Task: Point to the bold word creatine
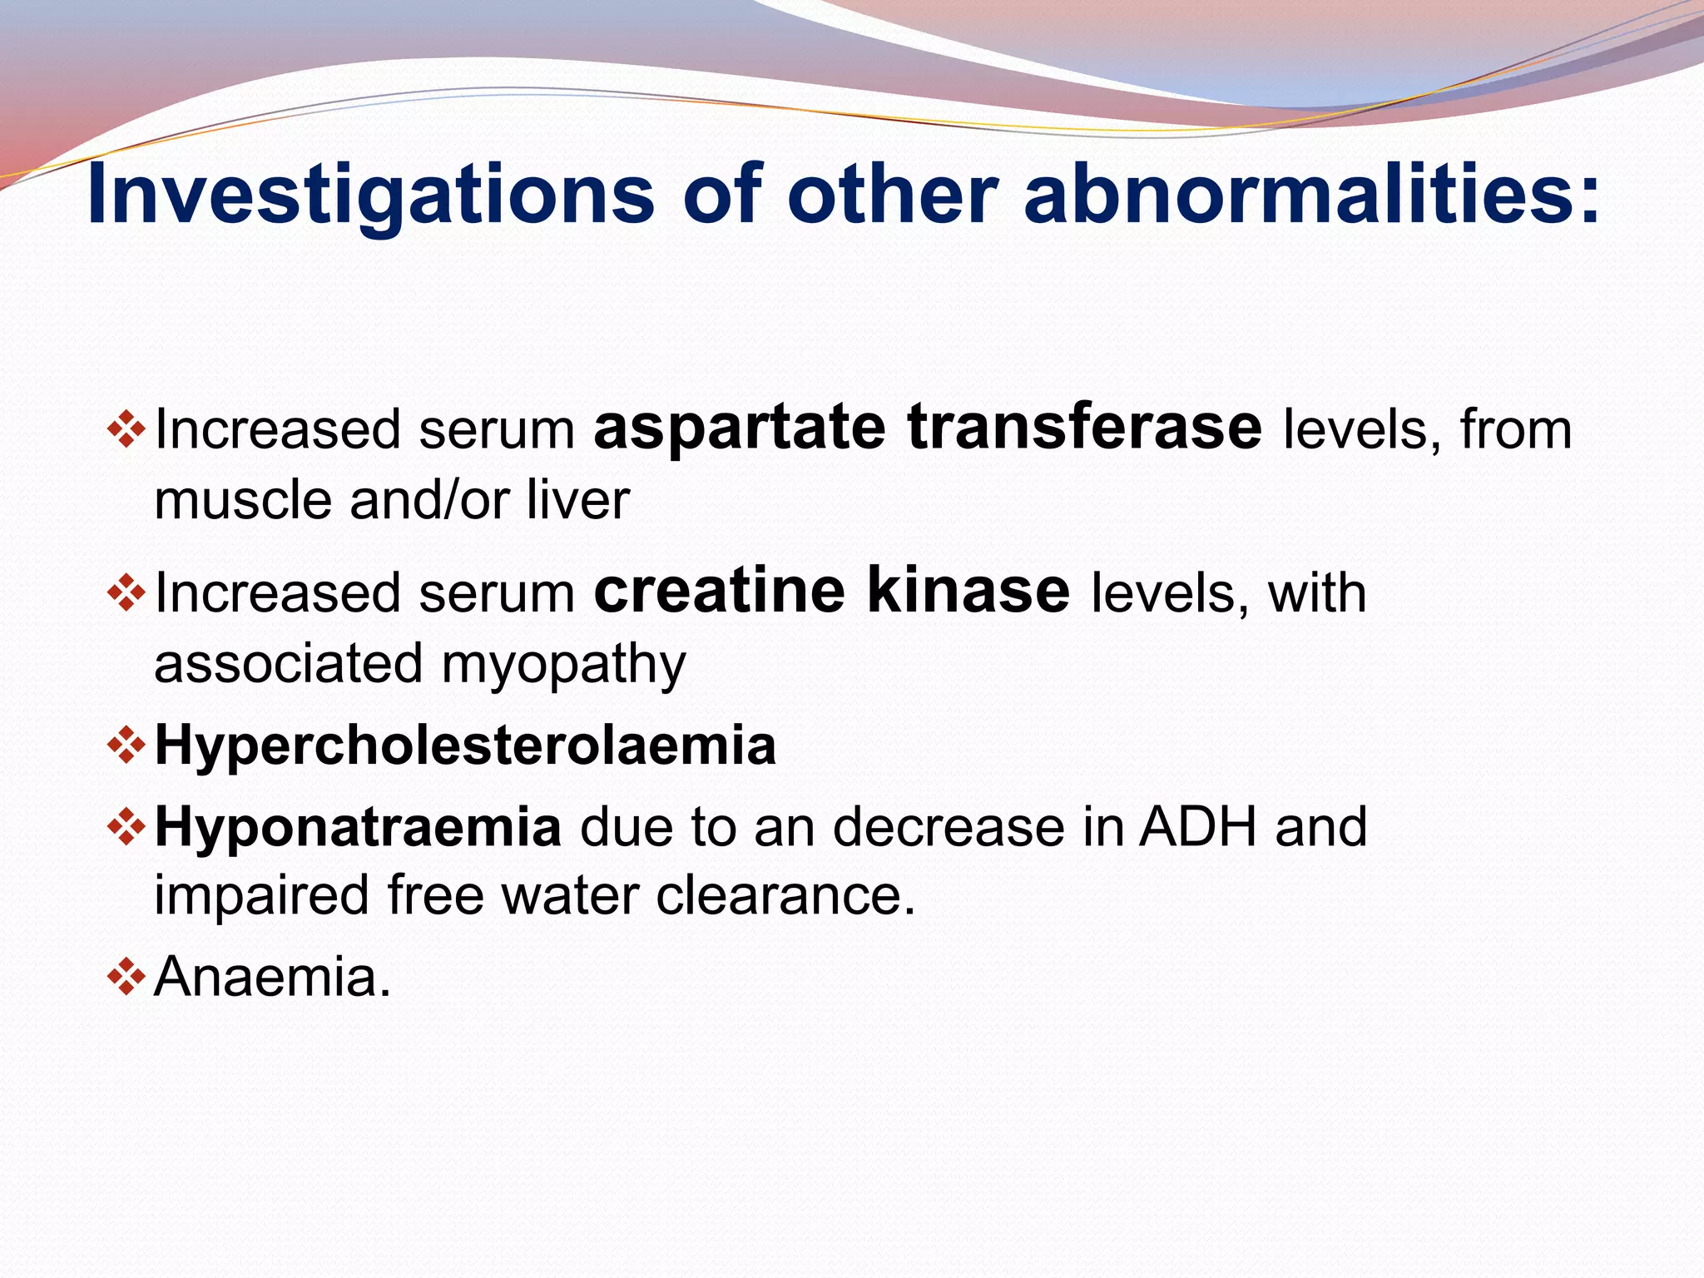click(720, 591)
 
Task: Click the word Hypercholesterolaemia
click(465, 745)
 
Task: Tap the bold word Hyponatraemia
click(358, 827)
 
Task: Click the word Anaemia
click(271, 977)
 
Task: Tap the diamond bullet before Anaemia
click(126, 977)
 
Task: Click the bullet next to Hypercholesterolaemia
click(126, 745)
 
